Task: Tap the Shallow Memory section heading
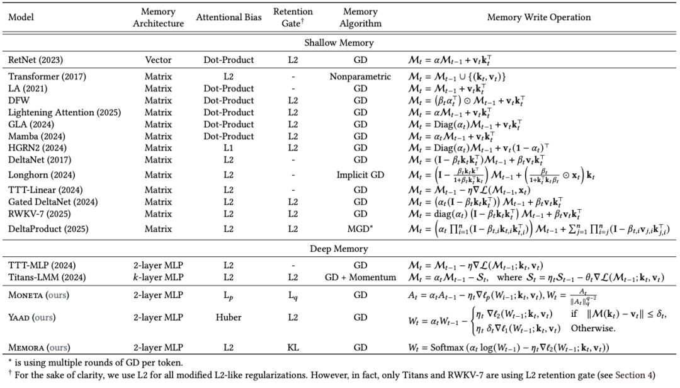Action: pyautogui.click(x=339, y=43)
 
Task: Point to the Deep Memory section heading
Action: pyautogui.click(x=339, y=249)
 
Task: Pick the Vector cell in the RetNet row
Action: pyautogui.click(x=158, y=60)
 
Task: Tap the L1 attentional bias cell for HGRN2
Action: pyautogui.click(x=228, y=148)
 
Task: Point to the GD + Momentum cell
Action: pyautogui.click(x=357, y=277)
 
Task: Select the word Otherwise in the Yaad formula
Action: pyautogui.click(x=591, y=328)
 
